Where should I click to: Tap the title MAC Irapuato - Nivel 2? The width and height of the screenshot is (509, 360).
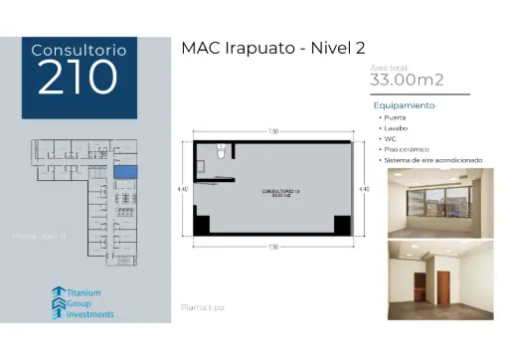[273, 47]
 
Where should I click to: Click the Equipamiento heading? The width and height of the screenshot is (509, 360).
[404, 104]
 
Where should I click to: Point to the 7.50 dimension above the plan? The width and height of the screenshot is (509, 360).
[271, 131]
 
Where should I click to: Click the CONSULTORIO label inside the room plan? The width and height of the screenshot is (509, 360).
[271, 191]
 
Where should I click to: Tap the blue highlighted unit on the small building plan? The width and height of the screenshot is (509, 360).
[124, 172]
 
